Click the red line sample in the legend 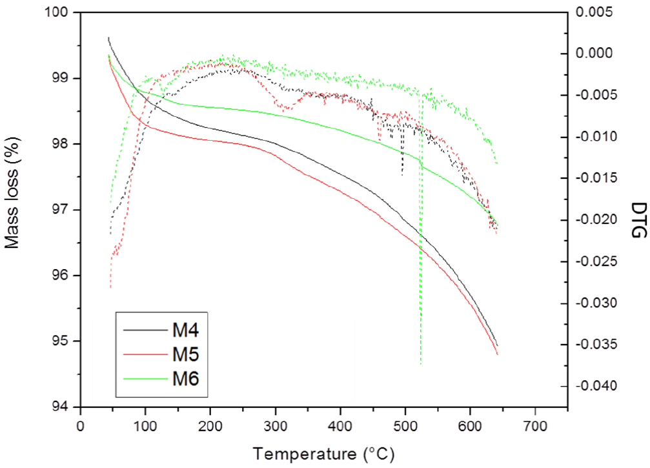[143, 353]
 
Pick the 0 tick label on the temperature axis [80, 426]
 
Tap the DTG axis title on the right [638, 219]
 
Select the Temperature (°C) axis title [323, 454]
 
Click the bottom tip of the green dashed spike [421, 364]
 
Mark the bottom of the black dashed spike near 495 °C [402, 174]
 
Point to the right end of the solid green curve [498, 224]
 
